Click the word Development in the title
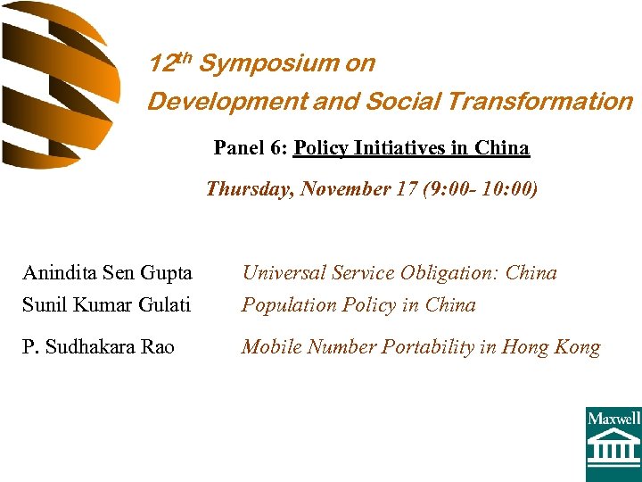click(x=227, y=102)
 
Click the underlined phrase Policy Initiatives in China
click(x=411, y=148)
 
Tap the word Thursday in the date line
click(x=250, y=189)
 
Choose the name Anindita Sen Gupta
click(x=107, y=273)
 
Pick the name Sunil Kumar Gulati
click(x=106, y=305)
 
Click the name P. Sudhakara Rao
click(x=99, y=347)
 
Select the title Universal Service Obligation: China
click(x=399, y=273)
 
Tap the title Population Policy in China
click(x=358, y=305)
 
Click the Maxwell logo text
click(x=613, y=418)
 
